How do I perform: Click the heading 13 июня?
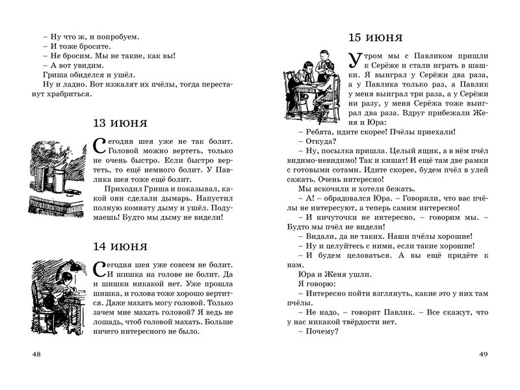[120, 123]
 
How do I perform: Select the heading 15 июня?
[375, 37]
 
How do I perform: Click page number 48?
[36, 354]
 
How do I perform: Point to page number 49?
[483, 354]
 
